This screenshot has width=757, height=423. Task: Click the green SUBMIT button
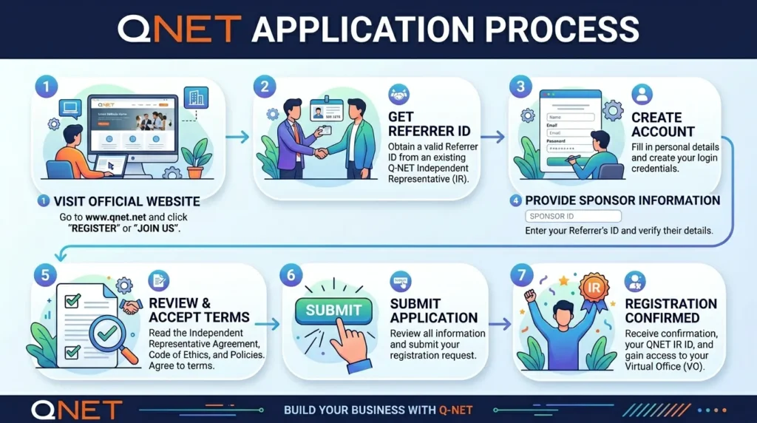pos(334,310)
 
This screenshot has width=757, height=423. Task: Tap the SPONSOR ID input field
pos(573,217)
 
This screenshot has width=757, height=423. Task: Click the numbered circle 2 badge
pos(265,87)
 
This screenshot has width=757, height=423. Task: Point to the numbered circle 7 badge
pos(523,275)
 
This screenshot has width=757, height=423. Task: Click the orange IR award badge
pos(592,287)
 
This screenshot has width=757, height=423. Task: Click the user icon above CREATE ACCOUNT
pos(642,94)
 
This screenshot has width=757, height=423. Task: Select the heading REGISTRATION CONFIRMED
pos(671,311)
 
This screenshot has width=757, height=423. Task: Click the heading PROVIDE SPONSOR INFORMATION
pos(622,200)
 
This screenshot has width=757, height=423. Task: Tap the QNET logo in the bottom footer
pos(76,409)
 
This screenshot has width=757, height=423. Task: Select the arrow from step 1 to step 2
pos(237,137)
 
